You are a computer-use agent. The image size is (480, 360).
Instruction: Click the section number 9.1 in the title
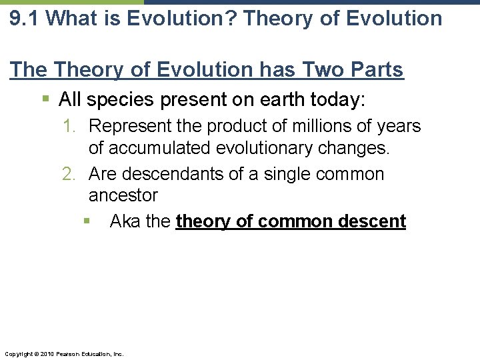(24, 18)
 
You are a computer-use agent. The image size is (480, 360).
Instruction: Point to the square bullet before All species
(45, 100)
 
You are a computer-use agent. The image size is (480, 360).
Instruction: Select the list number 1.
(69, 126)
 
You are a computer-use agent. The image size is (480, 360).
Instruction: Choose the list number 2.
(69, 175)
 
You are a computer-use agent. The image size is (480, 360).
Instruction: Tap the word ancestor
(123, 196)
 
